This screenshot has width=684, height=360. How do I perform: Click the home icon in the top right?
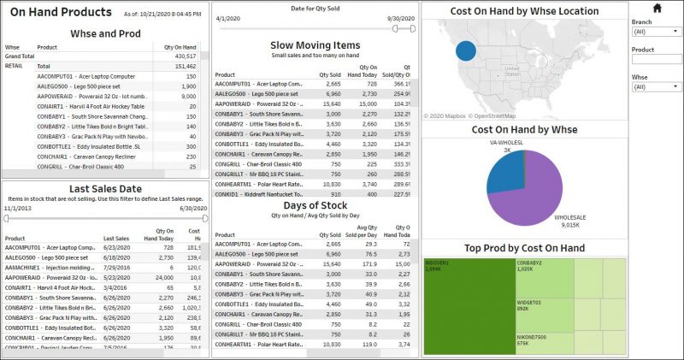[x=657, y=9]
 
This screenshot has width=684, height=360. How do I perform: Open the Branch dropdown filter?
[x=656, y=32]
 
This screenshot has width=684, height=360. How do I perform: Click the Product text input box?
[x=656, y=59]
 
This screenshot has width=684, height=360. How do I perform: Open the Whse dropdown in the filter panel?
[x=656, y=86]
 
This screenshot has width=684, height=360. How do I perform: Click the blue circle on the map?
[x=465, y=50]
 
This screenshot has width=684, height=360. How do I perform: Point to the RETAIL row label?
[x=15, y=65]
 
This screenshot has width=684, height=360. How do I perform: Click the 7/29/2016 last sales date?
[x=115, y=268]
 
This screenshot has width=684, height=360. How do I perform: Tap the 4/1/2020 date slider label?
[x=227, y=18]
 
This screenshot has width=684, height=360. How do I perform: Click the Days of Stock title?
[x=315, y=205]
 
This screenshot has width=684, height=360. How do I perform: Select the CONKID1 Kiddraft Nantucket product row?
[x=258, y=194]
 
